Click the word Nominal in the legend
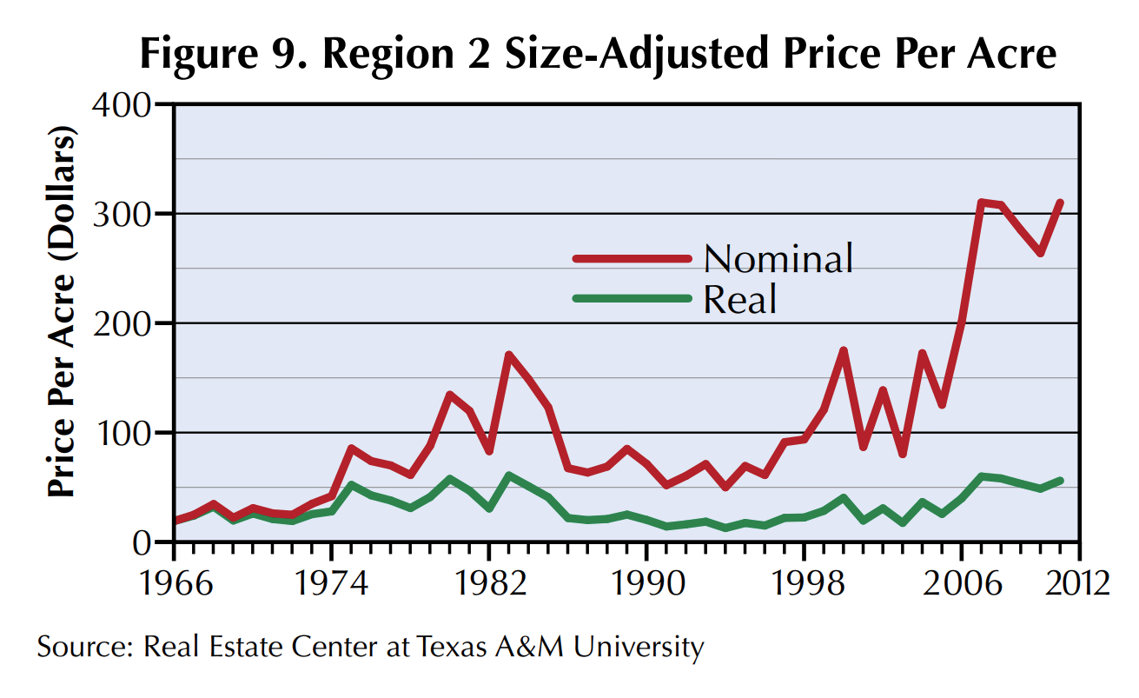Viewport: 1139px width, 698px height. pos(778,258)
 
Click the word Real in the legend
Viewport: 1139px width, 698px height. pos(738,300)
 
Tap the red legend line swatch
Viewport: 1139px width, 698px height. pos(632,258)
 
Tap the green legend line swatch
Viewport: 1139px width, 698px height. pos(632,299)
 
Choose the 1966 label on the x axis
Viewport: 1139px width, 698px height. pos(175,583)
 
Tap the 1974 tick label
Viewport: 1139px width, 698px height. pos(332,583)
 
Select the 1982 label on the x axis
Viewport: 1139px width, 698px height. pos(489,583)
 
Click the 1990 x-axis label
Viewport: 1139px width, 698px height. pos(646,583)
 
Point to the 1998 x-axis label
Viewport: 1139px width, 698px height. pos(804,583)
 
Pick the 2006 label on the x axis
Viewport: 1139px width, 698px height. pos(961,583)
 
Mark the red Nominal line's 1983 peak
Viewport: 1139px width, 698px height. pos(508,355)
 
